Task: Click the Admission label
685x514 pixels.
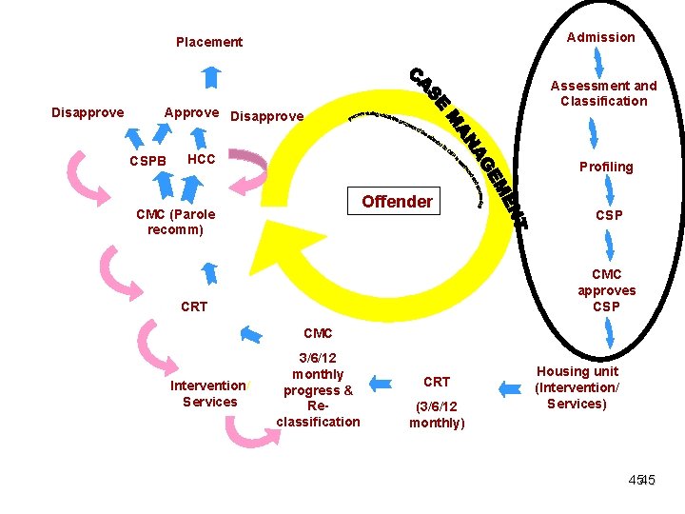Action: pyautogui.click(x=600, y=37)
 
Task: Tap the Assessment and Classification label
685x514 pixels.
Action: pyautogui.click(x=603, y=93)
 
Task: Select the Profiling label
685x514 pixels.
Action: pyautogui.click(x=606, y=167)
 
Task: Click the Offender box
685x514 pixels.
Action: pyautogui.click(x=397, y=202)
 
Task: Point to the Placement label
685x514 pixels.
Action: pyautogui.click(x=209, y=42)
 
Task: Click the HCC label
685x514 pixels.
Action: pyautogui.click(x=202, y=159)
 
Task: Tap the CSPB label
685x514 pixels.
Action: pyautogui.click(x=148, y=161)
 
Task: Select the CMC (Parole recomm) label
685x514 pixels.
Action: pyautogui.click(x=176, y=222)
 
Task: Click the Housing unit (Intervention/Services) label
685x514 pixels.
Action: pyautogui.click(x=577, y=387)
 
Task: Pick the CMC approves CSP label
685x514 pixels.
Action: pyautogui.click(x=606, y=290)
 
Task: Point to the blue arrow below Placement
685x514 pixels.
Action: pyautogui.click(x=211, y=76)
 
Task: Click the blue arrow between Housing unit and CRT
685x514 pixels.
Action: pyautogui.click(x=510, y=387)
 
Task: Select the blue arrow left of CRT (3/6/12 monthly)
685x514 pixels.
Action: pyautogui.click(x=381, y=384)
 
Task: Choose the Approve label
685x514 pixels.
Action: pyautogui.click(x=191, y=112)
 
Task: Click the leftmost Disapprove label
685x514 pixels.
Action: pyautogui.click(x=88, y=112)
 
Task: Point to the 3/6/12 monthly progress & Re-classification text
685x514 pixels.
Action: pyautogui.click(x=318, y=389)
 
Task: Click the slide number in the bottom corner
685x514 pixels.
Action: pyautogui.click(x=641, y=481)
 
